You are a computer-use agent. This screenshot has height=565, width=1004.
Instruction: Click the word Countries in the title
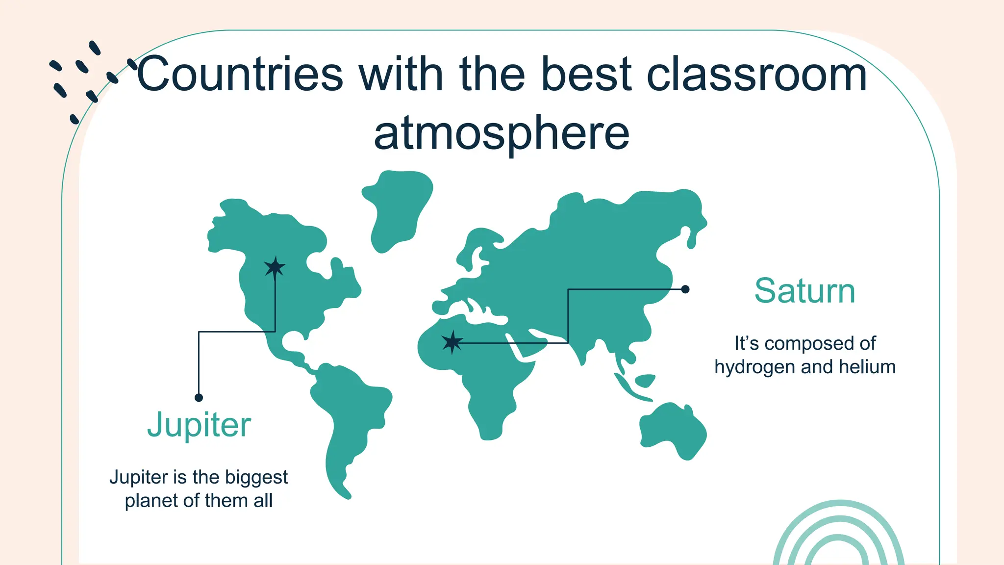(x=240, y=75)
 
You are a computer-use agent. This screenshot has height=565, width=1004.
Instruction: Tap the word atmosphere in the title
(x=502, y=133)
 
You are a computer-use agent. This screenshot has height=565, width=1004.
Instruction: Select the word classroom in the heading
(x=757, y=75)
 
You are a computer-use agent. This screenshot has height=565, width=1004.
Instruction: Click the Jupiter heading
(x=199, y=425)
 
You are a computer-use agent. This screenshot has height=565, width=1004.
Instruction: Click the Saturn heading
(x=804, y=291)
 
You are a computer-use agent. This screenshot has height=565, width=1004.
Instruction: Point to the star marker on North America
(x=275, y=267)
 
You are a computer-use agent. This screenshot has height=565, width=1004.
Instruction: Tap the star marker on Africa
(x=452, y=342)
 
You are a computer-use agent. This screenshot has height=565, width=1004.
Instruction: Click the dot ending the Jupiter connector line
(x=199, y=397)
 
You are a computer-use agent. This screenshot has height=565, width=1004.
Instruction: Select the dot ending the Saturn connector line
(x=685, y=289)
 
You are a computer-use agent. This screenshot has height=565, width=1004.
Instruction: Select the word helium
(x=867, y=367)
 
